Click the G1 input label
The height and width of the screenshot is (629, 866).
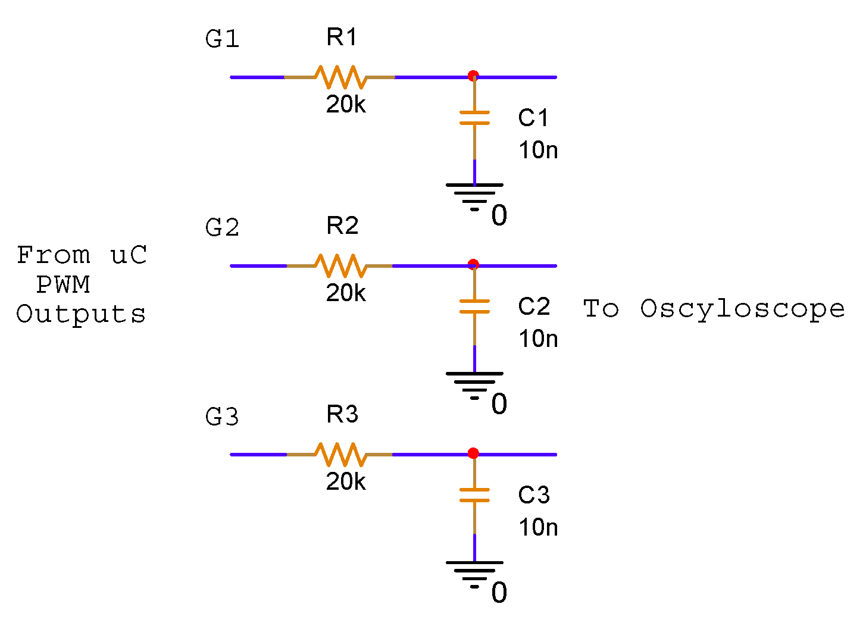(222, 39)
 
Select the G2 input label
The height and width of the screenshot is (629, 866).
(222, 227)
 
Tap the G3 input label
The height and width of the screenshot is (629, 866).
(222, 417)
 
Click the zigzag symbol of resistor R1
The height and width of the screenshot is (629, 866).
(339, 77)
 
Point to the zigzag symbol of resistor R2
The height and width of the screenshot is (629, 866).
(339, 265)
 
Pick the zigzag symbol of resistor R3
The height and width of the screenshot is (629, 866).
(339, 454)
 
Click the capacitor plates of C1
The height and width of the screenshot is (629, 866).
(474, 117)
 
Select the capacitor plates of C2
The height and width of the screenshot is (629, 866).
(474, 306)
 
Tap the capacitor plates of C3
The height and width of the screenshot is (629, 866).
(474, 495)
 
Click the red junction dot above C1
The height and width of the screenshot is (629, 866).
(473, 76)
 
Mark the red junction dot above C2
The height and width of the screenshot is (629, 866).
(473, 264)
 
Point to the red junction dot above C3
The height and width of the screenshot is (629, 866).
(473, 453)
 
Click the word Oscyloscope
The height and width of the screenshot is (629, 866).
(742, 309)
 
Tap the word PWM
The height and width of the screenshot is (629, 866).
(63, 285)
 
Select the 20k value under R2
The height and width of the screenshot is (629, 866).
(346, 293)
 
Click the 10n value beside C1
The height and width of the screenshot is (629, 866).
(538, 150)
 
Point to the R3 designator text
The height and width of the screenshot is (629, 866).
(342, 414)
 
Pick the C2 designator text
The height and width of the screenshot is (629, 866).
(534, 306)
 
